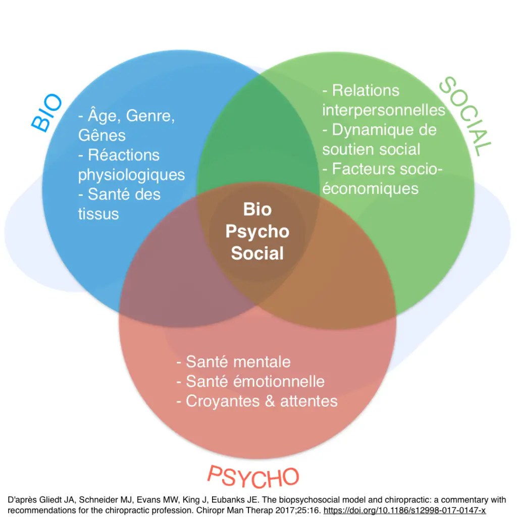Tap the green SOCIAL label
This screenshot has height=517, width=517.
tap(465, 116)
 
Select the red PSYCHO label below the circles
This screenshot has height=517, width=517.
tap(253, 478)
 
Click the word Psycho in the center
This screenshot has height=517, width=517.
tap(257, 231)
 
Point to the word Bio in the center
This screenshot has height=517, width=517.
tap(257, 209)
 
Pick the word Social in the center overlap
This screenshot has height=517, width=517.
tap(257, 253)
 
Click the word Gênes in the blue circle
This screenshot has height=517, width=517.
tap(102, 135)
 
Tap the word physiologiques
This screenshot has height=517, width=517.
tap(131, 175)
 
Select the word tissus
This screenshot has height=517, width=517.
tap(98, 214)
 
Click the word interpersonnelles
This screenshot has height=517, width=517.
tap(384, 110)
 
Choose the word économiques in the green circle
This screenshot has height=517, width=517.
tap(371, 188)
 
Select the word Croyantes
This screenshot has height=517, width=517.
tap(223, 401)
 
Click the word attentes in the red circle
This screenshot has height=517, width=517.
tap(309, 401)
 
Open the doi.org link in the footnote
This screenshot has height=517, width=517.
tap(404, 510)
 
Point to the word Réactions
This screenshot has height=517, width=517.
tap(123, 155)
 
